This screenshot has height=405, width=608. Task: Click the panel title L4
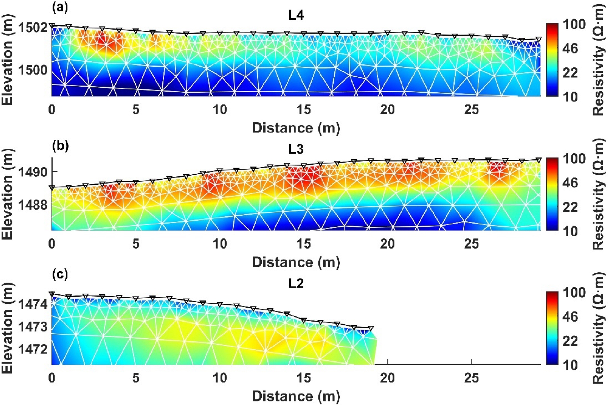(x=296, y=15)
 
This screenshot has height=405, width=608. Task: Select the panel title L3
(x=296, y=149)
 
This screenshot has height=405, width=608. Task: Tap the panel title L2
(x=296, y=283)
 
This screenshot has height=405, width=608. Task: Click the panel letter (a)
(x=60, y=7)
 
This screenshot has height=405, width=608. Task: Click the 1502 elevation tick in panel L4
(x=33, y=28)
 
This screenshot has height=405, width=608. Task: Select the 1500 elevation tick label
(x=33, y=70)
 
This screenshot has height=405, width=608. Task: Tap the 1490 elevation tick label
(x=33, y=172)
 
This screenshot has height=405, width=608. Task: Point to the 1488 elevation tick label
(x=33, y=205)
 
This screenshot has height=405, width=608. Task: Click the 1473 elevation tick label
(x=33, y=327)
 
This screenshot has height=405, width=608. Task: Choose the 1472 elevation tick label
(x=33, y=349)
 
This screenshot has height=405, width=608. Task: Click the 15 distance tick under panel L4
(x=304, y=110)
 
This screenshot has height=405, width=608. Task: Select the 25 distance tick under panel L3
(x=472, y=244)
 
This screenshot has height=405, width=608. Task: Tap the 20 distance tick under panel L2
(x=388, y=378)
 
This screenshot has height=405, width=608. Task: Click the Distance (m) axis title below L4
(x=296, y=128)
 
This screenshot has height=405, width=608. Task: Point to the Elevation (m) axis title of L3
(x=8, y=194)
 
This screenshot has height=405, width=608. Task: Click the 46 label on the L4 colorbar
(x=570, y=49)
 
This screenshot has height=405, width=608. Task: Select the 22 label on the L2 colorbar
(x=570, y=341)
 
